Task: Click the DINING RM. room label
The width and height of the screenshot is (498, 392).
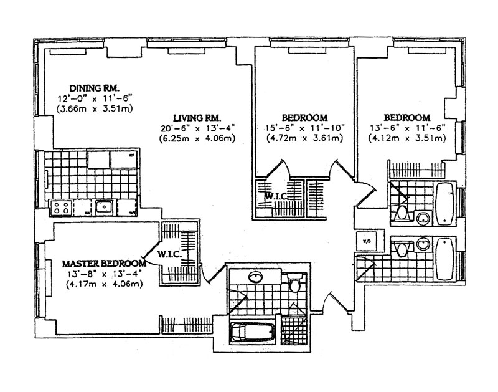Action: pos(95,87)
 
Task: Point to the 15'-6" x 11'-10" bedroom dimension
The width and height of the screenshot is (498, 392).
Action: pos(304,128)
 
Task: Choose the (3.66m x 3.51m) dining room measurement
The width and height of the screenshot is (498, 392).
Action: pos(95,108)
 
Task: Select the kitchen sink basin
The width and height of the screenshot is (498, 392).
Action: pos(104,206)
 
